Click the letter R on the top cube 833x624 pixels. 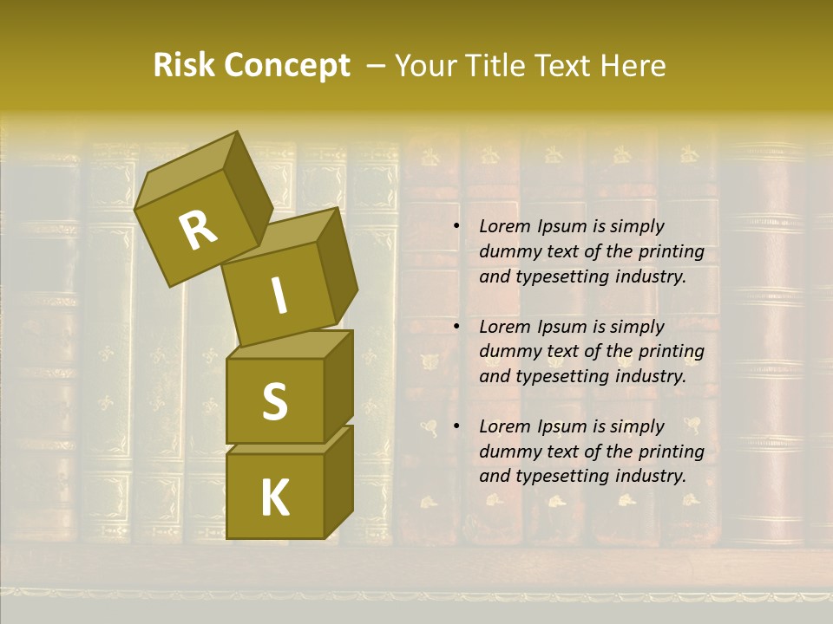click(198, 231)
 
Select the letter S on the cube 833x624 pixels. click(274, 401)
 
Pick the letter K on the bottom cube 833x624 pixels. click(274, 498)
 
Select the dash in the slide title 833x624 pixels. click(377, 66)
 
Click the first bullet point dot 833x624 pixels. click(456, 227)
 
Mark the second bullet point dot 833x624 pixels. click(456, 327)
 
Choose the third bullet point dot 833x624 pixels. click(456, 426)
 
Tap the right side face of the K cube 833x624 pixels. click(338, 481)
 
